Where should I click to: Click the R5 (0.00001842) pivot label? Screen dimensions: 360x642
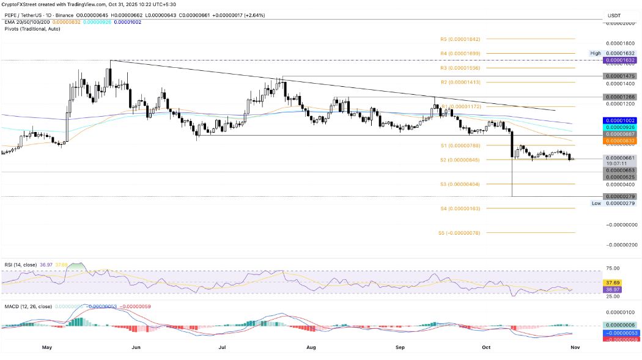pos(460,39)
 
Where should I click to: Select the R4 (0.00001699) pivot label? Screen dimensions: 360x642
pos(460,54)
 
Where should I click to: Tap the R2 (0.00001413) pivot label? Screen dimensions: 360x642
pos(460,82)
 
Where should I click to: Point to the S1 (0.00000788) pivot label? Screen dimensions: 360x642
pos(460,145)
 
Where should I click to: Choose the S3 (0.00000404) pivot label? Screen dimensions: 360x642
pos(460,184)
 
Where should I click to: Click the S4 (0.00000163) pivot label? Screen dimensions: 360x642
pos(460,208)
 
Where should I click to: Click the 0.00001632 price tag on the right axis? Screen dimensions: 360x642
pos(619,61)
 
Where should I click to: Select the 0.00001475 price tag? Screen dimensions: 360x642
pos(619,76)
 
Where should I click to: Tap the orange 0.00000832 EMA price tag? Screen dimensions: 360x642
pos(619,141)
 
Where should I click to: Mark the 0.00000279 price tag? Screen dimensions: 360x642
pos(619,196)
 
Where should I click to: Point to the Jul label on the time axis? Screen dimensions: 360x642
pos(223,347)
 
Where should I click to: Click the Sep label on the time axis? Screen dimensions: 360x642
pos(400,347)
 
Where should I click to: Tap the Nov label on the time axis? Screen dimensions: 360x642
pos(575,347)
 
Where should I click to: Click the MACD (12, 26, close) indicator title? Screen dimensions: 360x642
pos(27,306)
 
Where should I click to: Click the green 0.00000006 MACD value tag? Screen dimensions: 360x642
pos(619,325)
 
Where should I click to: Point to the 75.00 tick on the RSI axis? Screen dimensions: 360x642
pos(612,268)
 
